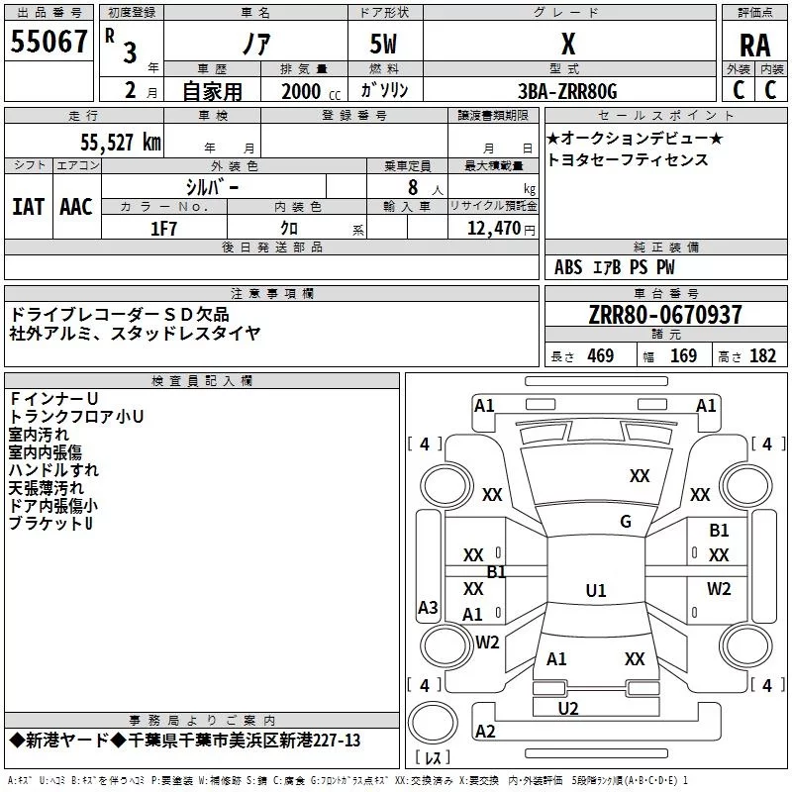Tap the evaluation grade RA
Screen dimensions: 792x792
754,45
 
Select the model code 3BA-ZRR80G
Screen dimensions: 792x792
567,91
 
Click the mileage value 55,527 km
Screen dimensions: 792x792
108,142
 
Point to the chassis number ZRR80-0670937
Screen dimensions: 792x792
665,315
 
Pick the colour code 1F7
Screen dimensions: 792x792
163,228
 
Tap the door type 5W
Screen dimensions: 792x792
385,45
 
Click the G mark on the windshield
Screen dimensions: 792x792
625,522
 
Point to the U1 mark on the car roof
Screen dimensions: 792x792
595,591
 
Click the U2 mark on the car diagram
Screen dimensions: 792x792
568,708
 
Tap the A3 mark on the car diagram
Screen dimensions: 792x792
428,608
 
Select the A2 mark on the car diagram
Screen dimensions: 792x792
485,732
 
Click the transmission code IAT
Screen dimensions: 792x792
28,206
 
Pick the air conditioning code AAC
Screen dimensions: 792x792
75,206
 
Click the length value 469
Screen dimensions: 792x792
600,356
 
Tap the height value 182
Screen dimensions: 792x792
762,356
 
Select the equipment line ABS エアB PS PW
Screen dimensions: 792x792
615,267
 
